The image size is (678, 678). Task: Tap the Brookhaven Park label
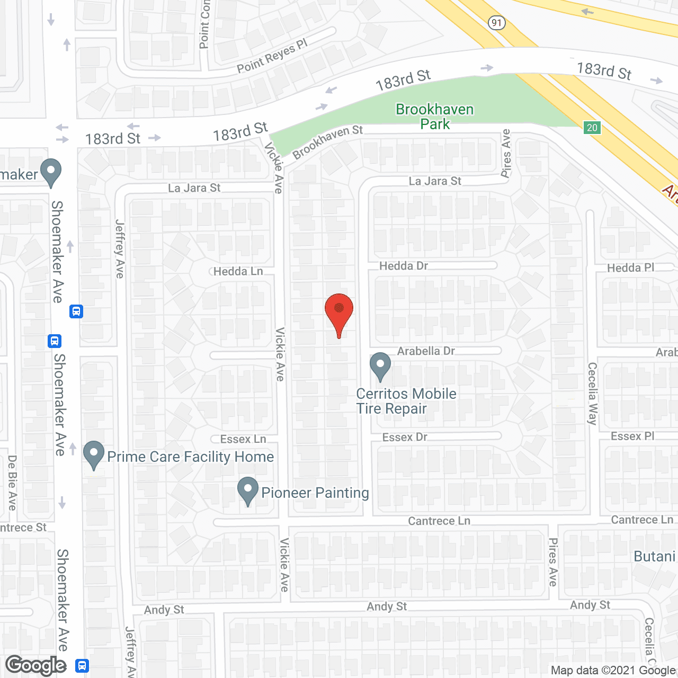point(435,117)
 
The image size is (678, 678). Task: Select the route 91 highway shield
point(496,23)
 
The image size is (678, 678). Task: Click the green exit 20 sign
point(592,127)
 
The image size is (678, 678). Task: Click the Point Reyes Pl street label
point(272,56)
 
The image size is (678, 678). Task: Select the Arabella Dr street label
point(426,351)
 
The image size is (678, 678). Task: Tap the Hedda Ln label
point(238,272)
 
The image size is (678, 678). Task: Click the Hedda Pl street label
point(630,268)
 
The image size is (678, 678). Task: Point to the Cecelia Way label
point(592,394)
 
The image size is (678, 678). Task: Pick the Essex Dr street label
point(405,437)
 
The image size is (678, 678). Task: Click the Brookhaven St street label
point(327,141)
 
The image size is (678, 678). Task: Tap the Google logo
point(36,665)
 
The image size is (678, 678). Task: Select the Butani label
point(655,557)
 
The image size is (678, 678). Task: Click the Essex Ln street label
point(243,439)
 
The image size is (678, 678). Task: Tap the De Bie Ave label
point(12,483)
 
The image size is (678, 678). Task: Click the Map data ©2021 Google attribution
point(613,671)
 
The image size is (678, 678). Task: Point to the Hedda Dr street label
point(404,266)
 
